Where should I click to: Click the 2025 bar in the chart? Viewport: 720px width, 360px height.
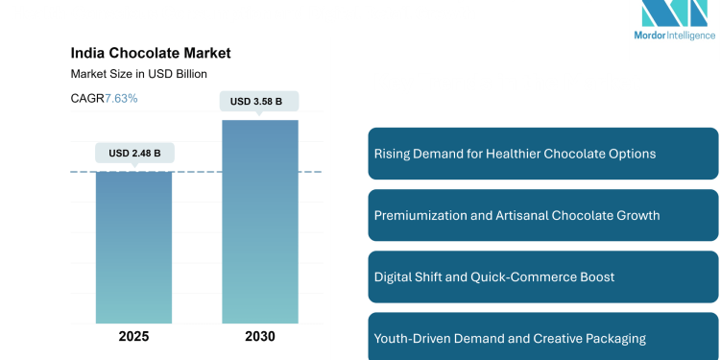[133, 250]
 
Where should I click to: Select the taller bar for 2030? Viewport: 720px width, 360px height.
[260, 221]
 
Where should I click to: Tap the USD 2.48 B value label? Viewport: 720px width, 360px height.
[134, 153]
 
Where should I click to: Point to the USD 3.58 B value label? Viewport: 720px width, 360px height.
[259, 102]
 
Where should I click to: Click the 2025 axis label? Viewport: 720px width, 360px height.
[133, 336]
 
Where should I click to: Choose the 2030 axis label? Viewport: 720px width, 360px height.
[260, 336]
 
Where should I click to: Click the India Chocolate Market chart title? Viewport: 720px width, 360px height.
[151, 54]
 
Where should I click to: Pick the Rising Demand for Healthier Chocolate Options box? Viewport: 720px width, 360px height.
[542, 154]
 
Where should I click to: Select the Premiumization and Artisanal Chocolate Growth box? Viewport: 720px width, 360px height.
[542, 215]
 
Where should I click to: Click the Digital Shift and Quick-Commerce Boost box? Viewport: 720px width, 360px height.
[542, 276]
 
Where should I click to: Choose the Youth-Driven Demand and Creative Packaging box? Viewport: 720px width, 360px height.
[542, 337]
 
